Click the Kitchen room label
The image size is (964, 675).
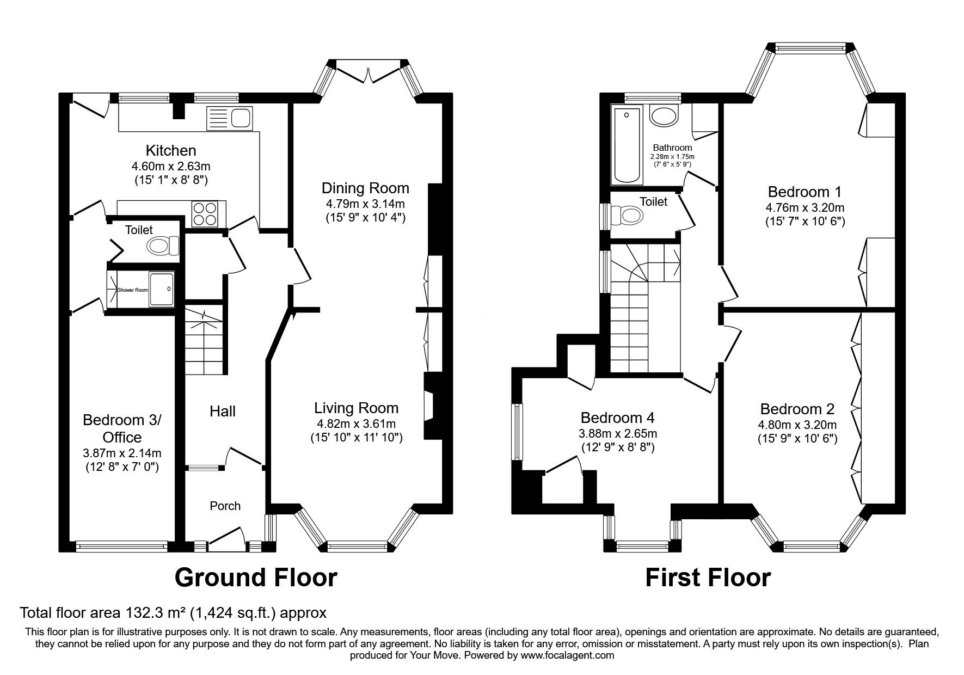170,150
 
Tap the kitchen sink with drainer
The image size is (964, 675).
229,118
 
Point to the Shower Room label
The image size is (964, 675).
133,290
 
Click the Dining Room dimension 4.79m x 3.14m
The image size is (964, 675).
365,204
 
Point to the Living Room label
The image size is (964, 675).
356,408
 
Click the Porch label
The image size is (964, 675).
225,506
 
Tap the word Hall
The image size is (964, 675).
223,412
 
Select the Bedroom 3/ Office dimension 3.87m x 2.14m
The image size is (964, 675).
122,453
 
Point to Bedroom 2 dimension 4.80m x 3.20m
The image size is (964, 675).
797,425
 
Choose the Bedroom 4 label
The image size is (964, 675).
617,418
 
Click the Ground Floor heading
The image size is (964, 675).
255,578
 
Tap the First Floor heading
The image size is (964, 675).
708,578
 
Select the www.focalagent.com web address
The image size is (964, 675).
567,655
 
